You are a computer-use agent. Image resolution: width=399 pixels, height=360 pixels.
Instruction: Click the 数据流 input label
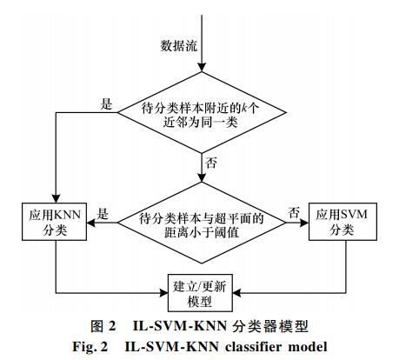179,46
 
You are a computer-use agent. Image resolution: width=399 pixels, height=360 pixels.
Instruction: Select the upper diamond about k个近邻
202,112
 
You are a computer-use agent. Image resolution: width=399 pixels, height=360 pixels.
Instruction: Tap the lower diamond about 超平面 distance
202,223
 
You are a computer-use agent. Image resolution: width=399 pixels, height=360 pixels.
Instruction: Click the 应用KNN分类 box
54,222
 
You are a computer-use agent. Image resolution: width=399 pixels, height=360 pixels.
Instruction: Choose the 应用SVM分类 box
342,222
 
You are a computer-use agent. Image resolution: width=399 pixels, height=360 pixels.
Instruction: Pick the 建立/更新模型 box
200,293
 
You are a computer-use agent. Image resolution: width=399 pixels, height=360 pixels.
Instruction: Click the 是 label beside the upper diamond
106,103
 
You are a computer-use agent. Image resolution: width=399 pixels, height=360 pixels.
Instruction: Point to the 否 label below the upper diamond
211,163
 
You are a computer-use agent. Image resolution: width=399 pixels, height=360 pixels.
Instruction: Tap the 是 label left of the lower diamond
103,214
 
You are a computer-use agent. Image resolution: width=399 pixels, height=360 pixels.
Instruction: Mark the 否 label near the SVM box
294,213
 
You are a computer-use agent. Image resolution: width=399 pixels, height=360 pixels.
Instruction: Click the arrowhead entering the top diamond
202,67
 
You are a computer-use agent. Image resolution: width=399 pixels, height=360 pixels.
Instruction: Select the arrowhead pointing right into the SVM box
304,223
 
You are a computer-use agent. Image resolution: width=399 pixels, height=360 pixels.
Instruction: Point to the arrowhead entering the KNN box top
56,198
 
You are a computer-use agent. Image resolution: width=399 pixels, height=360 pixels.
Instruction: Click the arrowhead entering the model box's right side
237,293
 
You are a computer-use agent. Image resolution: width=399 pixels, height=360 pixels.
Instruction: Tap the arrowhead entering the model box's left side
163,293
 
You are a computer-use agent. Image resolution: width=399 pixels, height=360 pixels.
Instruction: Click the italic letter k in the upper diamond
244,109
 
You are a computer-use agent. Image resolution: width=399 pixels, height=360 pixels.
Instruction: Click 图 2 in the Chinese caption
103,326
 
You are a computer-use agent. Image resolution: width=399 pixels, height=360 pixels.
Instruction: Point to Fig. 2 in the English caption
90,347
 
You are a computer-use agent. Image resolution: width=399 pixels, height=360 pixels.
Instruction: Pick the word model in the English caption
308,347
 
